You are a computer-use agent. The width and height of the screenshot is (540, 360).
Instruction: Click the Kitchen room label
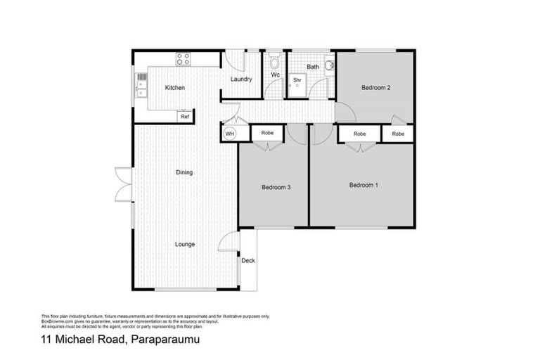[174, 88]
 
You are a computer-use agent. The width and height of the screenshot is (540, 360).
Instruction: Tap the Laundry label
[241, 79]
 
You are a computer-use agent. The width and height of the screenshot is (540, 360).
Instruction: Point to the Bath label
[312, 67]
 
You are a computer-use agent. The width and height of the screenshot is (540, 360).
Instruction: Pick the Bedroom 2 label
[375, 88]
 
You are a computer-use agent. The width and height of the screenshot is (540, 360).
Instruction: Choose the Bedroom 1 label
[364, 185]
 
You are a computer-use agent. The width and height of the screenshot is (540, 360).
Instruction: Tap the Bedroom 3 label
[276, 187]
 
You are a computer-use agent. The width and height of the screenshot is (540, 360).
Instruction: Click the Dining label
[184, 172]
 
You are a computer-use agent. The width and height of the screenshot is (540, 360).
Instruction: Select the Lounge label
[186, 244]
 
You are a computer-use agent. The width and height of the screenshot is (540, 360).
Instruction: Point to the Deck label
[248, 261]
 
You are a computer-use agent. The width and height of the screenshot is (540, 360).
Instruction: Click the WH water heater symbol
[229, 133]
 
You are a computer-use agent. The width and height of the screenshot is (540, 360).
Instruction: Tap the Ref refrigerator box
[184, 116]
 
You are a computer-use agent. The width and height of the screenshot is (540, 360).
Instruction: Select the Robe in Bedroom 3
[267, 133]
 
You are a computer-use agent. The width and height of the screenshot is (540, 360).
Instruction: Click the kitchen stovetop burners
[184, 59]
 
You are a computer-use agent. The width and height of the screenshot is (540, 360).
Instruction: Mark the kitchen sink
[141, 84]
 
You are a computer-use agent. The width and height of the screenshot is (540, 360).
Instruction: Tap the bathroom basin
[329, 67]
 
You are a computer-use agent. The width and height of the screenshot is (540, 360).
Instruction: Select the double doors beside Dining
[124, 184]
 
